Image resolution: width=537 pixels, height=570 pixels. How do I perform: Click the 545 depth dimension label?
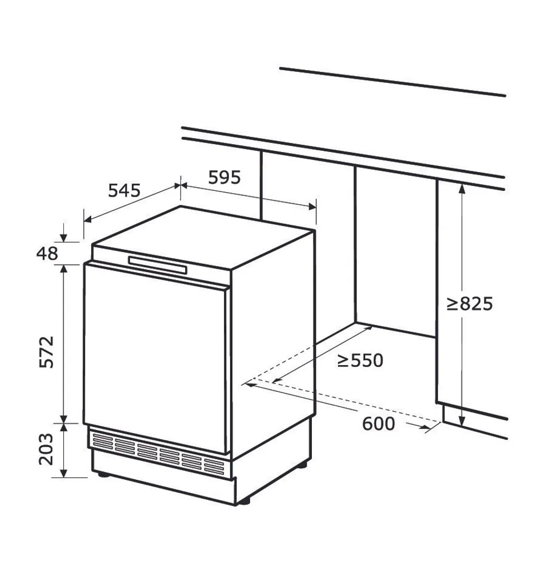tap(124, 190)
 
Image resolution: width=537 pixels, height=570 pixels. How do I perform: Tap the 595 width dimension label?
tap(225, 177)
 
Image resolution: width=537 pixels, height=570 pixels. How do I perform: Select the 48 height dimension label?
tap(47, 254)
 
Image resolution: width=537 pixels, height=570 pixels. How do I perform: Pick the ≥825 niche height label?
tap(470, 303)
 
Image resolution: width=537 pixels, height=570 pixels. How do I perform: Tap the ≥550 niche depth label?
tap(360, 361)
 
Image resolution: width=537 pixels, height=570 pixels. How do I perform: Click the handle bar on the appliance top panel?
tap(157, 264)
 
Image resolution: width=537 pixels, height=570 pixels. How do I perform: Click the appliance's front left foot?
tap(102, 475)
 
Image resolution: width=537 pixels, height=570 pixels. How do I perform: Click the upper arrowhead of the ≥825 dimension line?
tap(461, 188)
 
